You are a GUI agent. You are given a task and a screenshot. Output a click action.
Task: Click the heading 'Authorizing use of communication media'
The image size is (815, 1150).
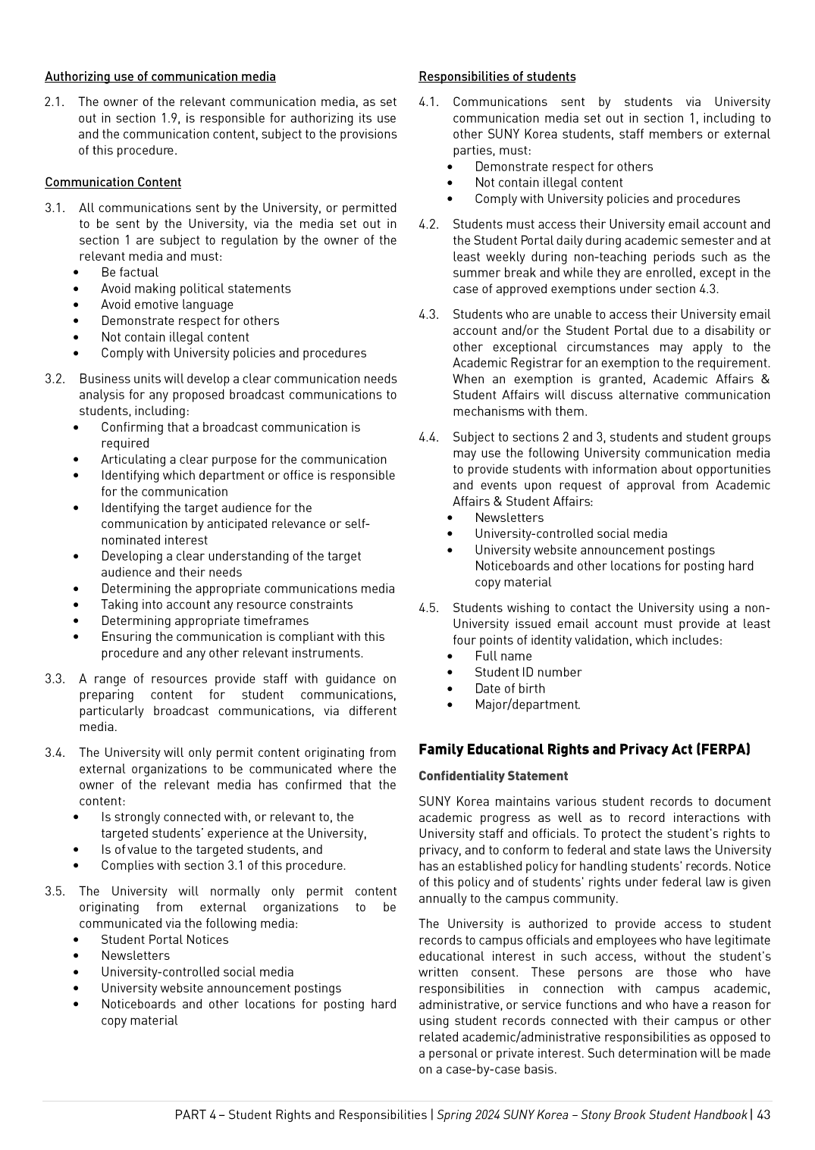coord(160,77)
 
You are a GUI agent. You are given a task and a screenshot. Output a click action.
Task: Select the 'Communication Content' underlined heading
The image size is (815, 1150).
coord(113,183)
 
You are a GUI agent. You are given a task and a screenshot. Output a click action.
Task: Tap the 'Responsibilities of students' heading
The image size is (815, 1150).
coord(497,77)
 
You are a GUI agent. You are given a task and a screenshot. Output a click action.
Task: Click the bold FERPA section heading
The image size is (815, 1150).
coord(584,749)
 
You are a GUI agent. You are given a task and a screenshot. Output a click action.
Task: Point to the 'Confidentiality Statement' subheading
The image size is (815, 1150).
coord(493,776)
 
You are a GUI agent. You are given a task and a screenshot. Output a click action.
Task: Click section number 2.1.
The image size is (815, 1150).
coord(55,102)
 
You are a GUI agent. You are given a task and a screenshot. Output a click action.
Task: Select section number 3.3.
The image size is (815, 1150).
coord(55,679)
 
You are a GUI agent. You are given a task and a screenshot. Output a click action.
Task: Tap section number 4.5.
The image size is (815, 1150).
coord(428,608)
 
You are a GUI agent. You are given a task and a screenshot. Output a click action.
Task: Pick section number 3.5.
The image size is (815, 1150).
coord(55,892)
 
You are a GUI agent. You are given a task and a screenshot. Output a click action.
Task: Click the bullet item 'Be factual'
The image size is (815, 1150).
coord(130,273)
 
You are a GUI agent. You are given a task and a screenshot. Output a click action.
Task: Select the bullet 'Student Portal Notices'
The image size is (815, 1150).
coord(165,939)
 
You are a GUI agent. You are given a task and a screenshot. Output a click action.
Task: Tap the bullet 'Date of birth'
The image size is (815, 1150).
coord(509,689)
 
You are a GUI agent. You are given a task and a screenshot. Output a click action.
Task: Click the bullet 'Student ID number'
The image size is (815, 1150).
coord(528,672)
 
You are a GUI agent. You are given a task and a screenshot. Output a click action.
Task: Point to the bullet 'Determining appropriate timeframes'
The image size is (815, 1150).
coord(205,620)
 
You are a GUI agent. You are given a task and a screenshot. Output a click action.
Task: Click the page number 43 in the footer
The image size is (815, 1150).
coord(763,1114)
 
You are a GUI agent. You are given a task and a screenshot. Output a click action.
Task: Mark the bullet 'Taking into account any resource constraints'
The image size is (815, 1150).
coord(227,605)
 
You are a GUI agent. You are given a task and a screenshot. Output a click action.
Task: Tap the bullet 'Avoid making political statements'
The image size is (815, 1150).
coord(196,289)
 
